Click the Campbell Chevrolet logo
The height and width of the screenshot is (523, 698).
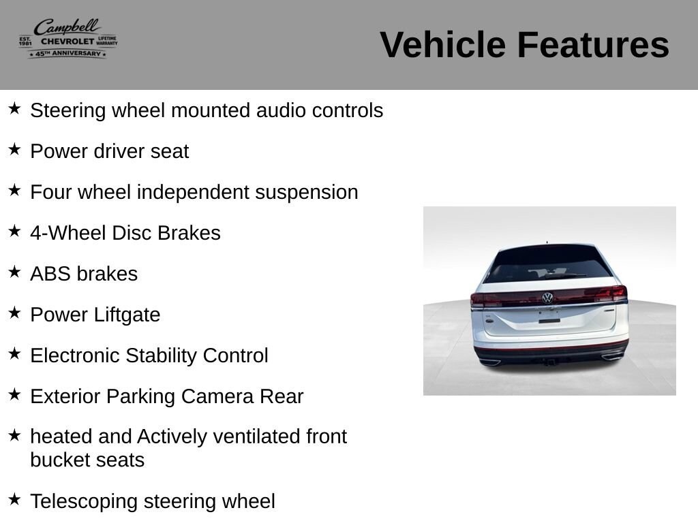68,39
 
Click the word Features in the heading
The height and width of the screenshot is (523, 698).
593,44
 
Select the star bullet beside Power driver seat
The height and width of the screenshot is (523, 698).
14,149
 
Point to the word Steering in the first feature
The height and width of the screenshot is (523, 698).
68,111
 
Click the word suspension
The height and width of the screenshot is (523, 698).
306,193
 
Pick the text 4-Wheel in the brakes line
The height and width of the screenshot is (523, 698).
68,233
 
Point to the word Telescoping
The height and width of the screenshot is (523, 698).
84,502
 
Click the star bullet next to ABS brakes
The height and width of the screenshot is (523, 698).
14,272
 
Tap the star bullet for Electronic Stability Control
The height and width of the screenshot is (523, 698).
14,353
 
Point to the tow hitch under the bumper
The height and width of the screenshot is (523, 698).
550,362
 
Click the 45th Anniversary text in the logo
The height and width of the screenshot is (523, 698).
67,54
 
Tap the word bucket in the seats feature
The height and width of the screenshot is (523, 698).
57,460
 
